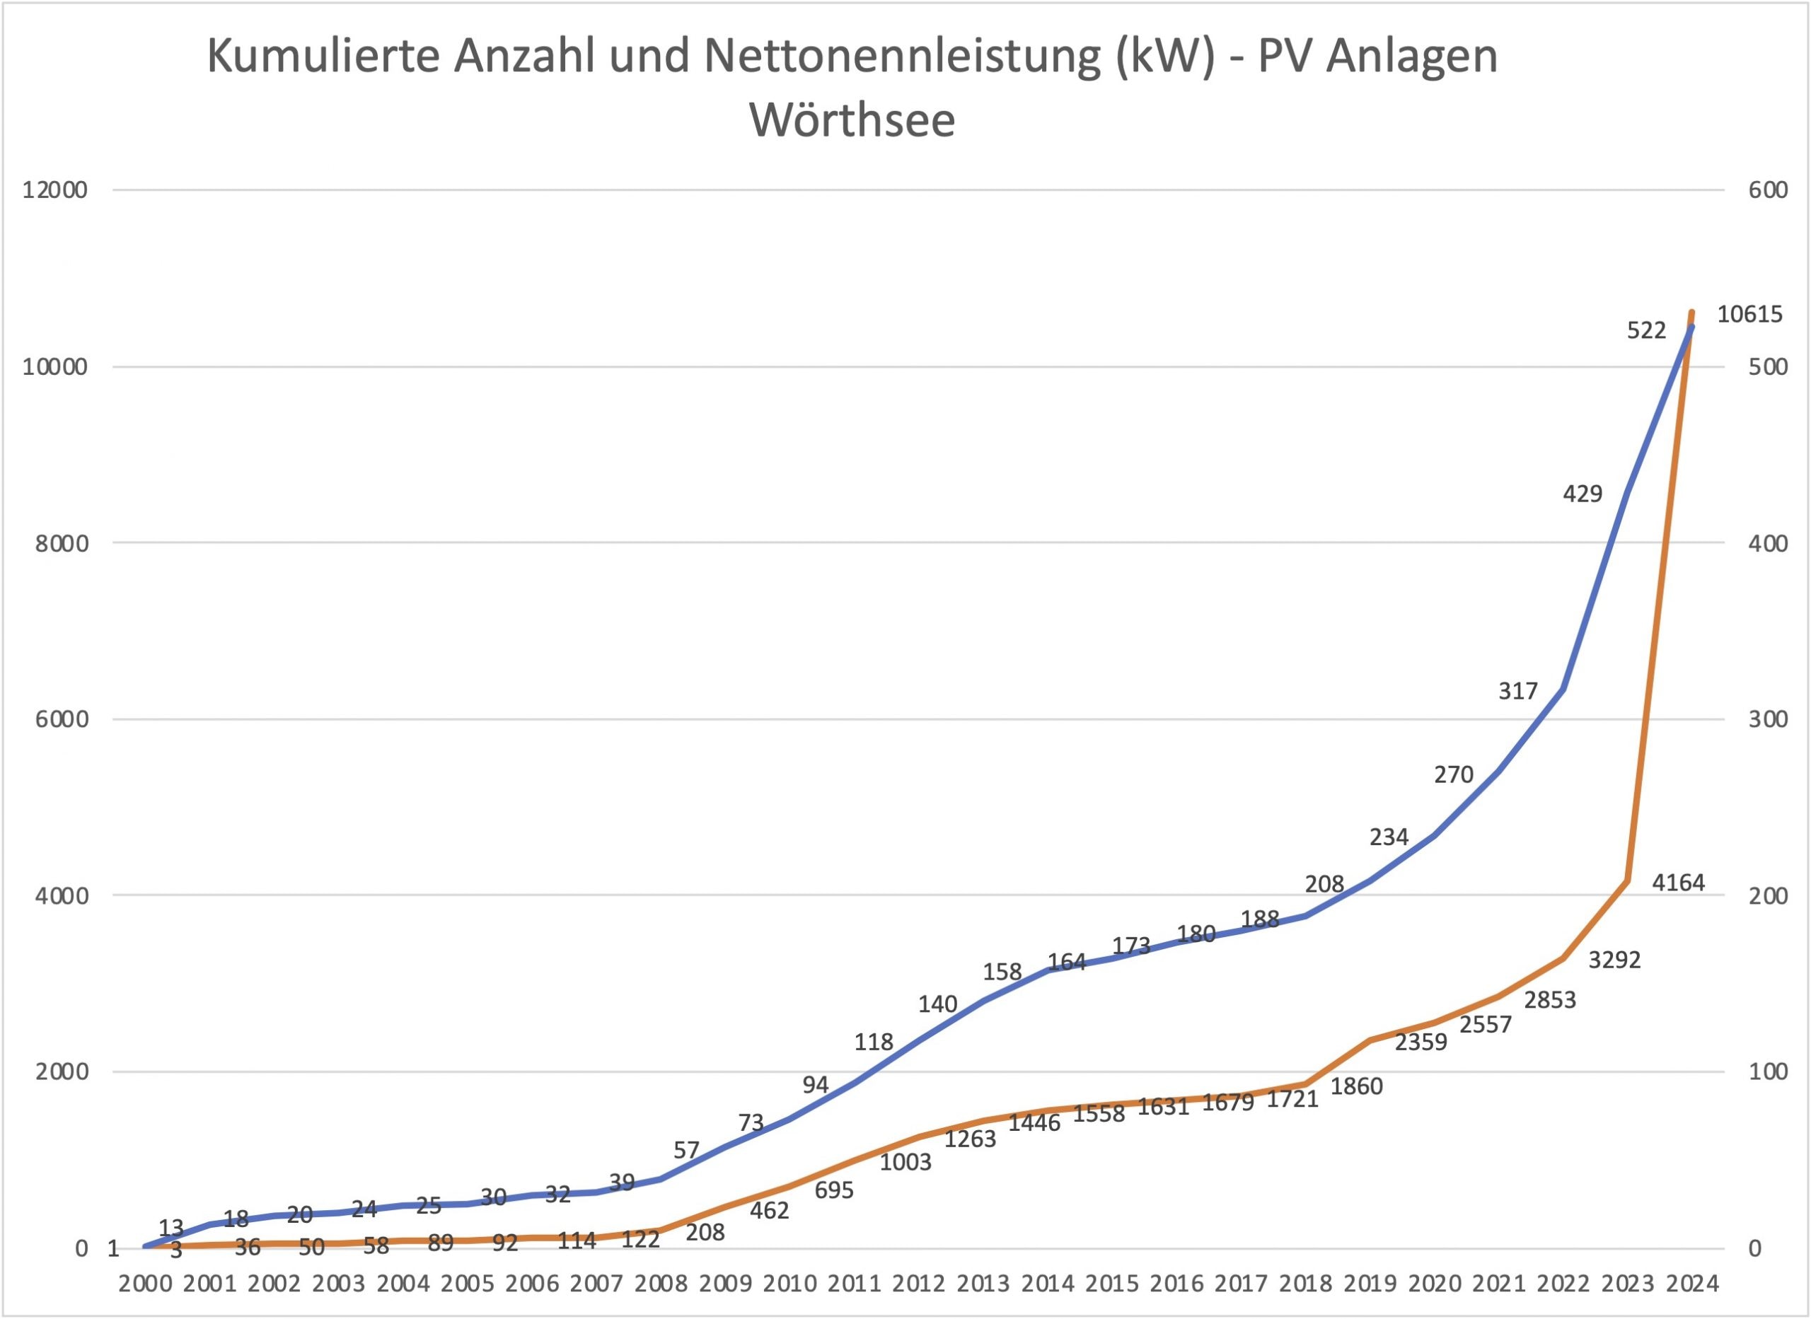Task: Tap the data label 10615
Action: pos(1749,315)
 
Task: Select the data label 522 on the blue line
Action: pos(1646,330)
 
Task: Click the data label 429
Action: pos(1583,494)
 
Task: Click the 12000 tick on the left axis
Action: pos(55,190)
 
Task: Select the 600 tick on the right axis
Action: pos(1768,190)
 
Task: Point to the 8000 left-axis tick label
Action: pos(61,543)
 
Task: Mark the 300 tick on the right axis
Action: pos(1768,719)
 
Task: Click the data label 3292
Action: pos(1614,960)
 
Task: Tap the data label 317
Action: pos(1518,691)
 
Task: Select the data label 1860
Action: pos(1357,1086)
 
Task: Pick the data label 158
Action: pos(1002,972)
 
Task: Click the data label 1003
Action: pos(905,1162)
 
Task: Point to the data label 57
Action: pos(686,1151)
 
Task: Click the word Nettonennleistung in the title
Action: pos(901,57)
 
